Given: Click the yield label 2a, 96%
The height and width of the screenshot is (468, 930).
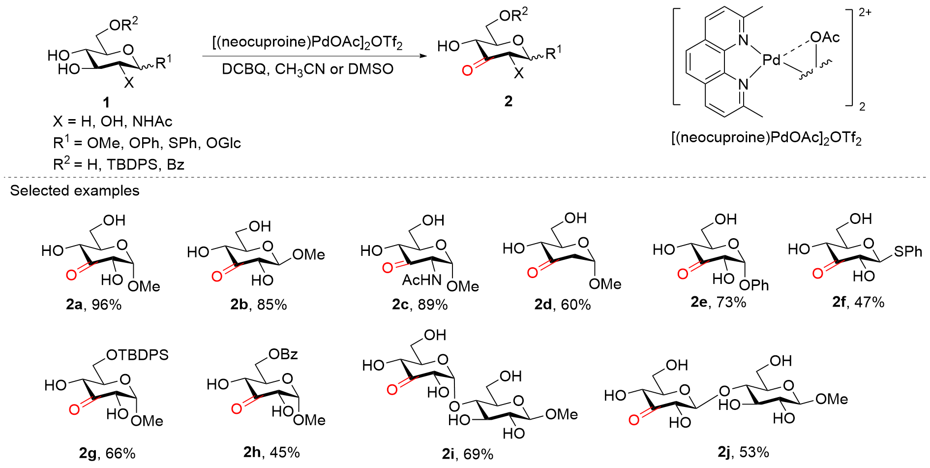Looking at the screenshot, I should click(x=93, y=305).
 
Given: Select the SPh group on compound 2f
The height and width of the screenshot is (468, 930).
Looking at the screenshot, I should click(x=908, y=251).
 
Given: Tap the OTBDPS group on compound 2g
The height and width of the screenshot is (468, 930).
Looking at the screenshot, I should click(x=137, y=355).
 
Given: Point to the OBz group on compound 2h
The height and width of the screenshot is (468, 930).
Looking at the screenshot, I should click(x=283, y=354).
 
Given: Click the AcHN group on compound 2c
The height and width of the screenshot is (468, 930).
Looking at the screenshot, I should click(x=421, y=280).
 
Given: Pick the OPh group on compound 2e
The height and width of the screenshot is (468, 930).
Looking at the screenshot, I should click(x=753, y=285).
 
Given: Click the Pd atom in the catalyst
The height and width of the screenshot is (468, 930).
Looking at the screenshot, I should click(x=771, y=60).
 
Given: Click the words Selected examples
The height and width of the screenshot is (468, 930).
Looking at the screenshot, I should click(x=75, y=191).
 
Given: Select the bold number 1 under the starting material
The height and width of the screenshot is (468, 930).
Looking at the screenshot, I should click(x=106, y=102).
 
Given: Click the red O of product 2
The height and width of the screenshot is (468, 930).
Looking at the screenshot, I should click(x=467, y=70).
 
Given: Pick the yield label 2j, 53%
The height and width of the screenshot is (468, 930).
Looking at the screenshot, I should click(x=743, y=452).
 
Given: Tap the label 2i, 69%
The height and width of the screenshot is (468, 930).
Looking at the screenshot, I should click(x=467, y=454).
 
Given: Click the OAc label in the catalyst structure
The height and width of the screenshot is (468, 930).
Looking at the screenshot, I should click(x=825, y=37).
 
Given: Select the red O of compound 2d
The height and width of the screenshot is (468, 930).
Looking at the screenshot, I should click(x=532, y=273).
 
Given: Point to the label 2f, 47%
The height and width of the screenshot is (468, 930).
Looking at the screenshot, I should click(x=858, y=302).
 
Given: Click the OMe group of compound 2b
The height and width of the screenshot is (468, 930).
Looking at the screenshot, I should click(x=308, y=254).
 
